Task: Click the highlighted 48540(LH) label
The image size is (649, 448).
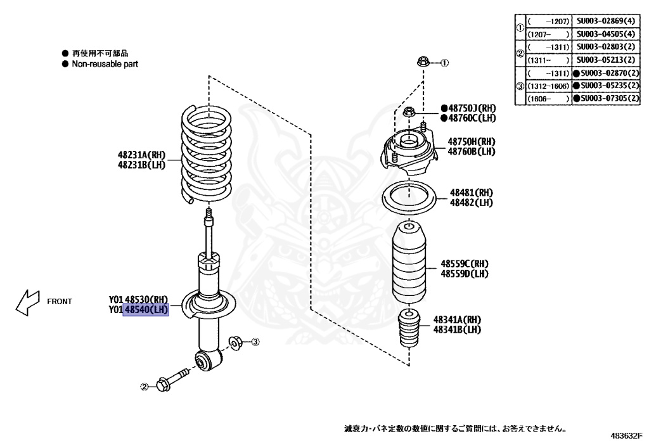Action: [146, 310]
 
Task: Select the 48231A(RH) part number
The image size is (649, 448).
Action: [141, 155]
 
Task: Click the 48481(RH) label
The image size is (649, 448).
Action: [471, 193]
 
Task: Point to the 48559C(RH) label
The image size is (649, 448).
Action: [465, 264]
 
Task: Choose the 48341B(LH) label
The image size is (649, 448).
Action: [457, 330]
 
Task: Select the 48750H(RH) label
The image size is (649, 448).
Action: [472, 141]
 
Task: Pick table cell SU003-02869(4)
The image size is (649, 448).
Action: [601, 21]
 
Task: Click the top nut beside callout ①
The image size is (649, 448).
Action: [423, 62]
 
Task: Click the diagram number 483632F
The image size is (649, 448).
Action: [626, 436]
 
